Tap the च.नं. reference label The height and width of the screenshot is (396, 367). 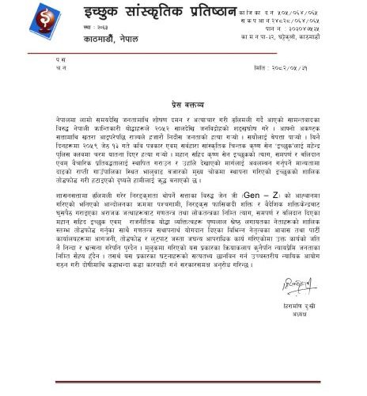click(x=61, y=69)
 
